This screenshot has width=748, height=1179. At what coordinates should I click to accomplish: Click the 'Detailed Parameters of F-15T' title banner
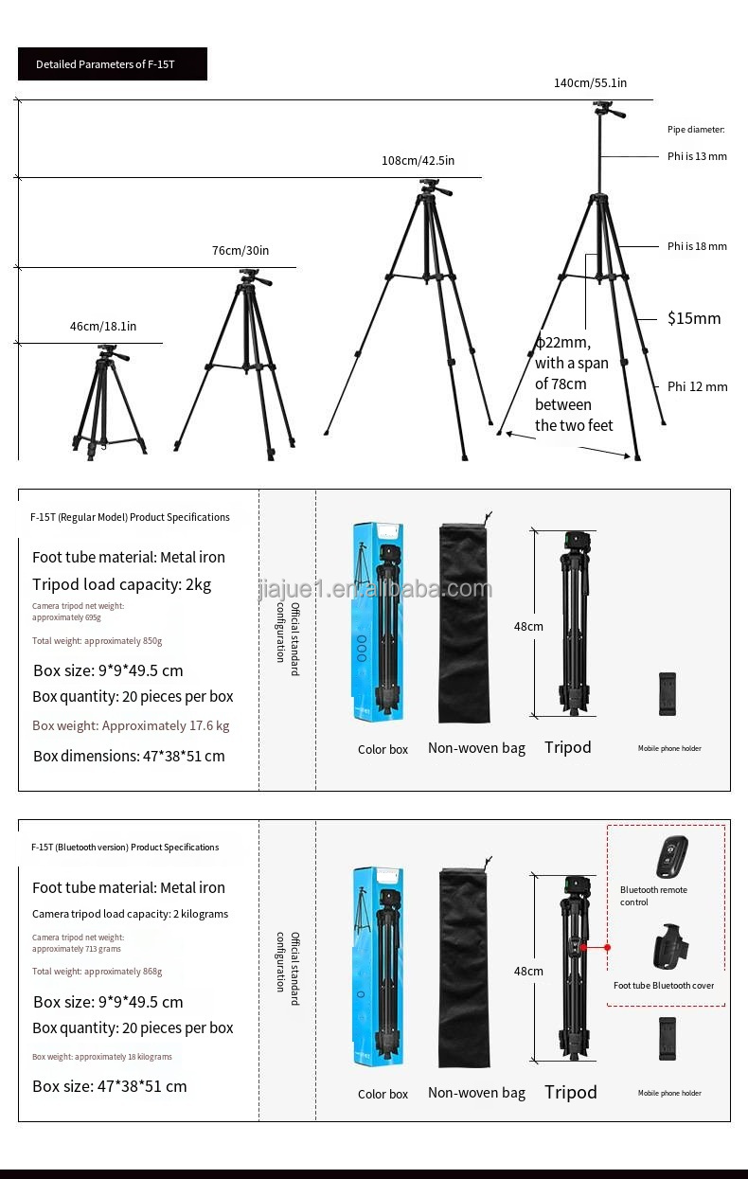112,64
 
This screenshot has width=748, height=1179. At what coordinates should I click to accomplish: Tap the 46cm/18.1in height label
103,327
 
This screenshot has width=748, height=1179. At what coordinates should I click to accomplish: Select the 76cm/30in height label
240,251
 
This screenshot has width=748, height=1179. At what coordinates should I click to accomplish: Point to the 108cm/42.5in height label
418,161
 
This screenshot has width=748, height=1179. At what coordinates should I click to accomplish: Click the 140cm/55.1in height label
590,83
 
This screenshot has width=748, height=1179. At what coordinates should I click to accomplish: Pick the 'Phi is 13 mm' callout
697,156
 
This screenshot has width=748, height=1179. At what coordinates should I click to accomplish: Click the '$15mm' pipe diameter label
694,318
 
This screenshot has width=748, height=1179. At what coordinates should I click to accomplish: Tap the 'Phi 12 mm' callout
697,386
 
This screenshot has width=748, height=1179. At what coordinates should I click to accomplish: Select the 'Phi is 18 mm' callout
697,246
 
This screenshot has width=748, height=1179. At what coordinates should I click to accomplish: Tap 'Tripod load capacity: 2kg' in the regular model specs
122,584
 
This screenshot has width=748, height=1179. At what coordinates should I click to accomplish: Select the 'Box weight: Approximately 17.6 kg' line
131,725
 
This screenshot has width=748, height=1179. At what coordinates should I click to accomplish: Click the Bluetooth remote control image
671,857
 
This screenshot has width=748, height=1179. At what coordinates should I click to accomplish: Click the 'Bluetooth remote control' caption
653,896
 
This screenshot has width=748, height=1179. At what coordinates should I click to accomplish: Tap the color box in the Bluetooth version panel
379,966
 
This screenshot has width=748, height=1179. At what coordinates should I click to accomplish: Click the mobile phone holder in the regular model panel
668,694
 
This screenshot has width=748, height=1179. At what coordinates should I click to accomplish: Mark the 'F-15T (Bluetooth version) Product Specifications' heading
125,848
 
